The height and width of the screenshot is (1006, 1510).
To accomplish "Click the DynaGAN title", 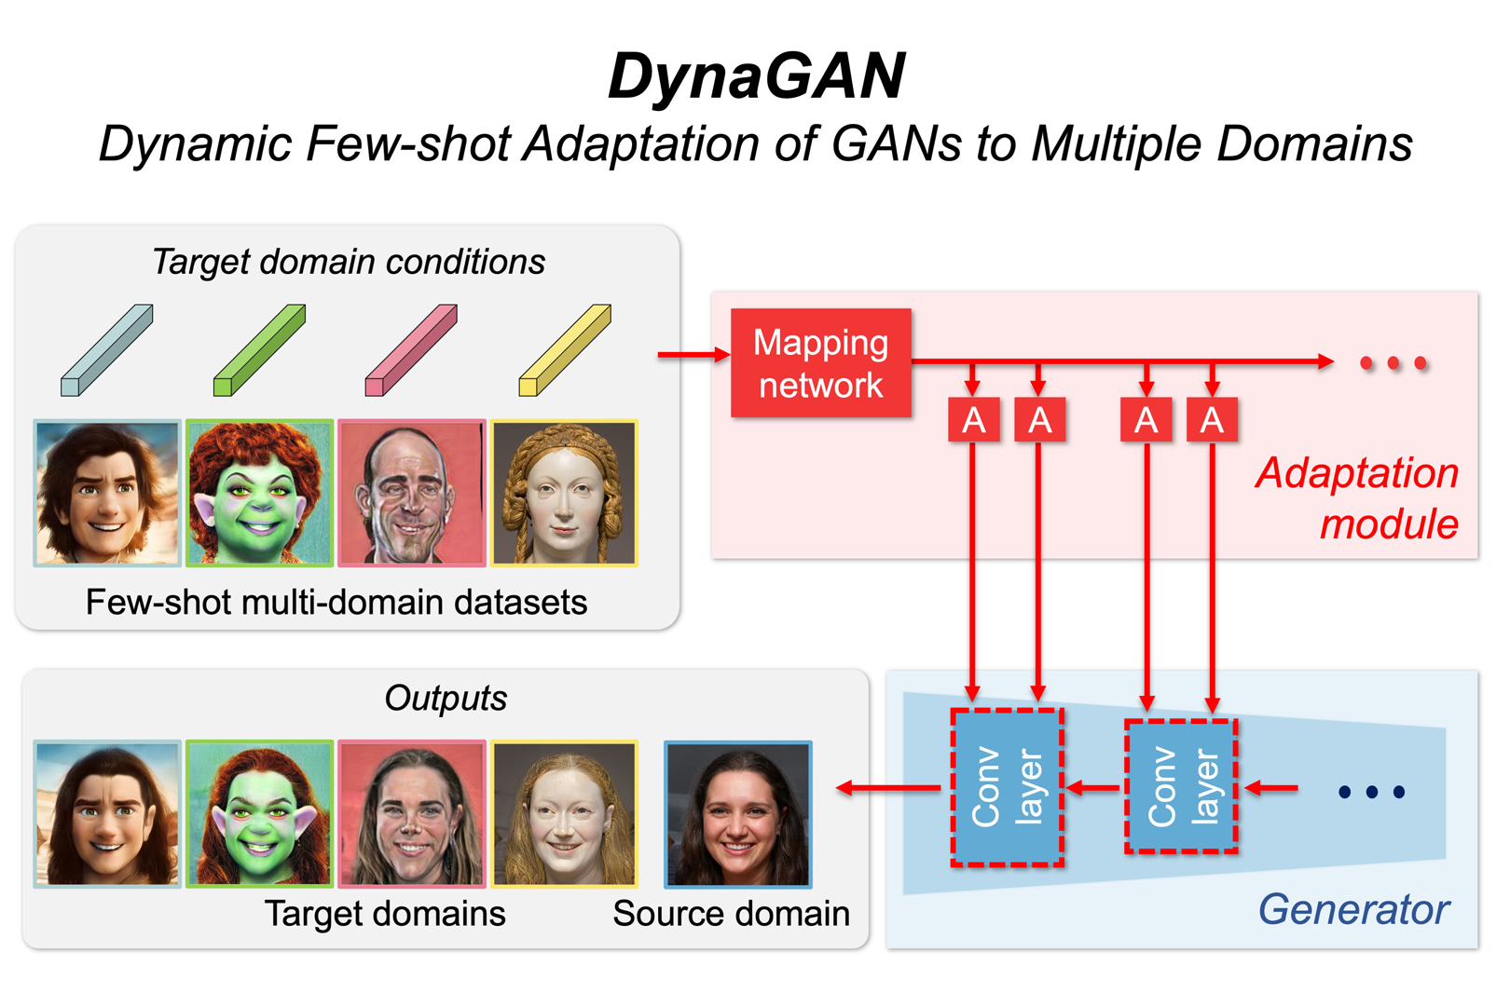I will coord(756,75).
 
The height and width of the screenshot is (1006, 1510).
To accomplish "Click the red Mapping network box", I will coord(820,363).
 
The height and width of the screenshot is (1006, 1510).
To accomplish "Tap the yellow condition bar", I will coord(565,350).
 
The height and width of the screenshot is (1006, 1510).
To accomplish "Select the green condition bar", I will coord(259,350).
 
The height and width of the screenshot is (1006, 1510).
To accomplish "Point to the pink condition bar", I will coord(411,350).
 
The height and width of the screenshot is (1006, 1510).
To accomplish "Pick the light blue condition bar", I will coord(106,350).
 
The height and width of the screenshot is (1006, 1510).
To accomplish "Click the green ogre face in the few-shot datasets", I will coord(259,493).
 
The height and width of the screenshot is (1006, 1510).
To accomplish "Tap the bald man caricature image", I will coord(412,493).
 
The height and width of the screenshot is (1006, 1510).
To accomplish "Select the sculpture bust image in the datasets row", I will coord(565,493).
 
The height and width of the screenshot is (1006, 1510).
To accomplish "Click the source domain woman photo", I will coord(737,813).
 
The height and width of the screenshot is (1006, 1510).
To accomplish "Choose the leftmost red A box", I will coord(973,420).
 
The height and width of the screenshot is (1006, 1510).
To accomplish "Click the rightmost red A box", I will coord(1212,420).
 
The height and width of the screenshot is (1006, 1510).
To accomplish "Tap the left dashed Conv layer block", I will coord(1007,788).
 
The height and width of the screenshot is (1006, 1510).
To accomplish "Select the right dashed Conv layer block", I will coord(1181,787).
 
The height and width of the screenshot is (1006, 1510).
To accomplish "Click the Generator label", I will coord(1353,909).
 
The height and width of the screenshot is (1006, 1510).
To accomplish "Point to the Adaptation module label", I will coord(1357,498).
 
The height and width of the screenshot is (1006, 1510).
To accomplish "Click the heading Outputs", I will coord(446,698).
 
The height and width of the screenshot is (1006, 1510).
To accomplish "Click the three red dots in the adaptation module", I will coord(1393,363).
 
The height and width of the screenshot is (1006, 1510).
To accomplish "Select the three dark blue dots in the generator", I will coord(1371,793).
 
